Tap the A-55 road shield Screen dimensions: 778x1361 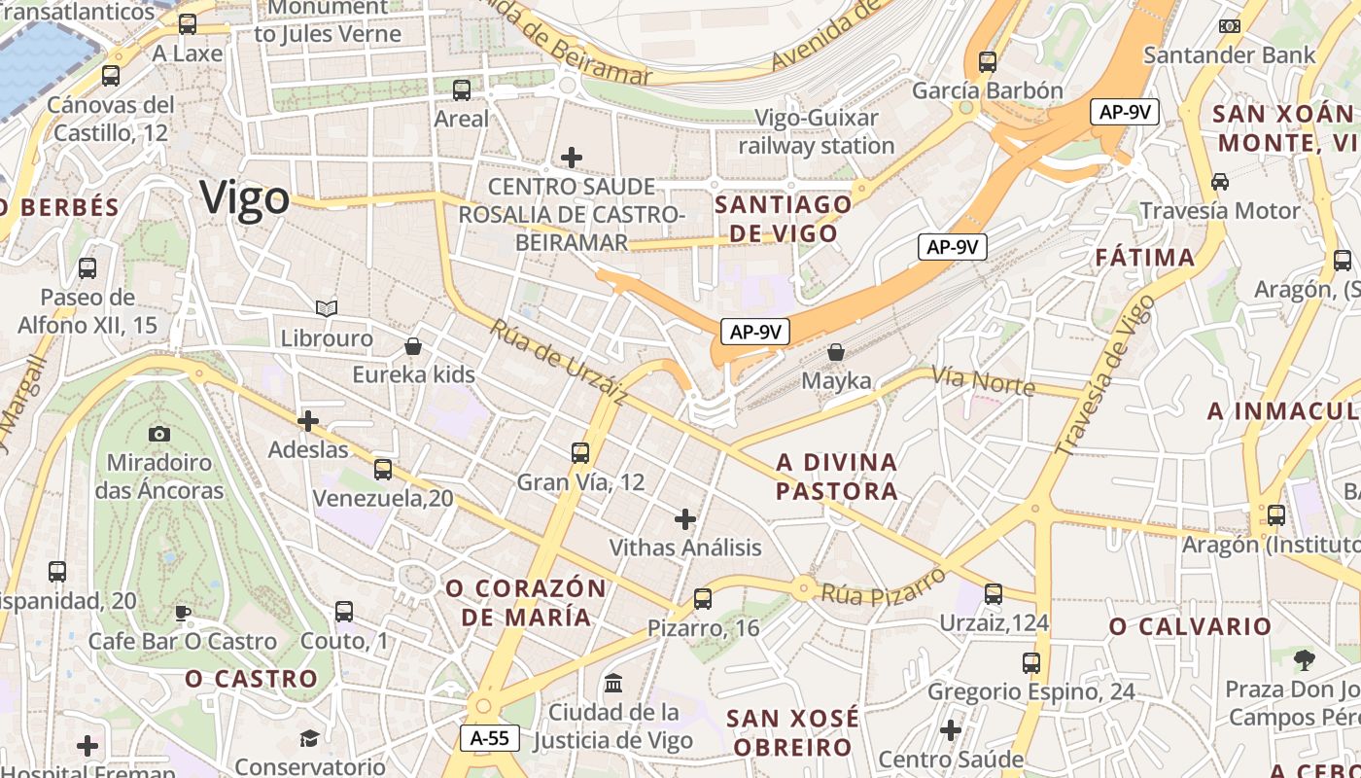pyautogui.click(x=490, y=738)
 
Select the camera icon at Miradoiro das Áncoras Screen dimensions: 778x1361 pyautogui.click(x=159, y=434)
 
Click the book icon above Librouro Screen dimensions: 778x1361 pyautogui.click(x=327, y=308)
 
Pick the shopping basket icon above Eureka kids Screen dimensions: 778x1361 pyautogui.click(x=413, y=346)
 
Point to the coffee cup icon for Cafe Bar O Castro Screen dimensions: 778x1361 pyautogui.click(x=182, y=613)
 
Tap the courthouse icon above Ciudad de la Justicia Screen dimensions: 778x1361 pyautogui.click(x=613, y=684)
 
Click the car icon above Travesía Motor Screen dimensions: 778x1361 pyautogui.click(x=1219, y=181)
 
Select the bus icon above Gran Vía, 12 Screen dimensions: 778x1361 pyautogui.click(x=580, y=452)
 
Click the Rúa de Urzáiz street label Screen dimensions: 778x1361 pyautogui.click(x=557, y=361)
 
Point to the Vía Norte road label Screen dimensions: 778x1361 pyautogui.click(x=983, y=380)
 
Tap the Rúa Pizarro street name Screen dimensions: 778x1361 pyautogui.click(x=883, y=585)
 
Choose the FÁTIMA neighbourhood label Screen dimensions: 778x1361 pyautogui.click(x=1145, y=258)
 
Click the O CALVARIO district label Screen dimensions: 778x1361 pyautogui.click(x=1190, y=626)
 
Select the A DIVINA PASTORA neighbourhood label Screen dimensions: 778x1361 pyautogui.click(x=837, y=476)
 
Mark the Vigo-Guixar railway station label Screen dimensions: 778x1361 pyautogui.click(x=816, y=132)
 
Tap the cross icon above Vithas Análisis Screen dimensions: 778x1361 pyautogui.click(x=685, y=518)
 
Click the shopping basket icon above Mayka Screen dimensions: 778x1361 pyautogui.click(x=836, y=352)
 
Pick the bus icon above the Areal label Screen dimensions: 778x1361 pyautogui.click(x=462, y=90)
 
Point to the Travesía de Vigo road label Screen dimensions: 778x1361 pyautogui.click(x=1105, y=376)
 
